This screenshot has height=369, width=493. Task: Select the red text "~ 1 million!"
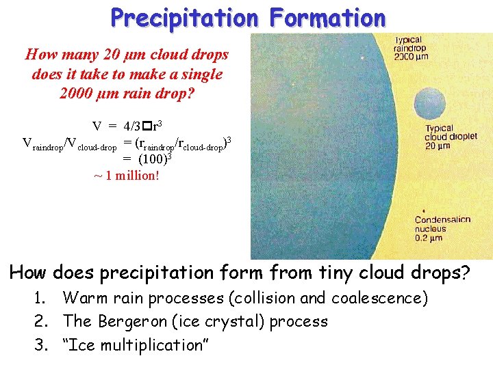click(126, 176)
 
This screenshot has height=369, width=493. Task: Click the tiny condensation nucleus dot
click(427, 208)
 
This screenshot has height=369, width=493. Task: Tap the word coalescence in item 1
click(379, 298)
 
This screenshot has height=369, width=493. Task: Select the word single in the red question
click(203, 74)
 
